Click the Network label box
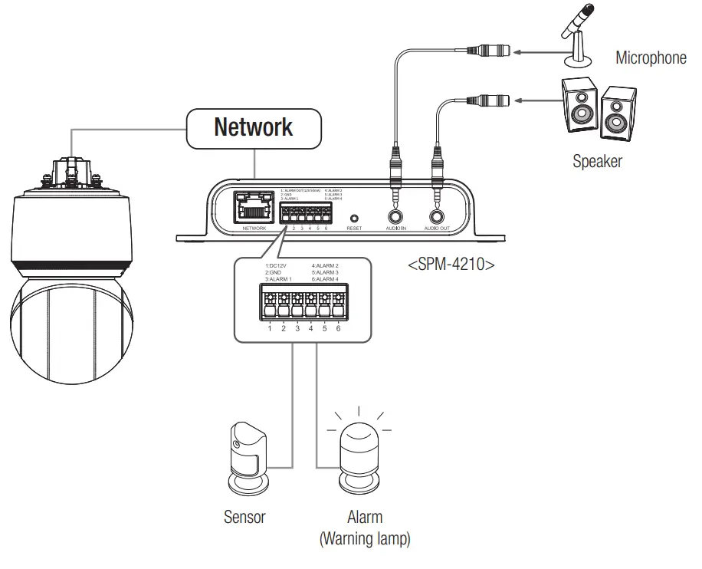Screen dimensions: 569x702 (252, 127)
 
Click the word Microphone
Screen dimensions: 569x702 (651, 58)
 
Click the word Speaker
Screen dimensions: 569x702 (597, 161)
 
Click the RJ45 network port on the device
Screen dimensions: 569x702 (254, 207)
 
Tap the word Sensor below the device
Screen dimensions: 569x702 (244, 517)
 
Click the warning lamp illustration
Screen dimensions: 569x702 (359, 458)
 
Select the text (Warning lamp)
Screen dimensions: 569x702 (364, 539)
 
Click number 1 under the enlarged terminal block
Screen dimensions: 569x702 (269, 328)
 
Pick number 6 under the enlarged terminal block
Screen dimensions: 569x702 (338, 328)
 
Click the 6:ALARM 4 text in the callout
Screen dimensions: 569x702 (326, 279)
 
